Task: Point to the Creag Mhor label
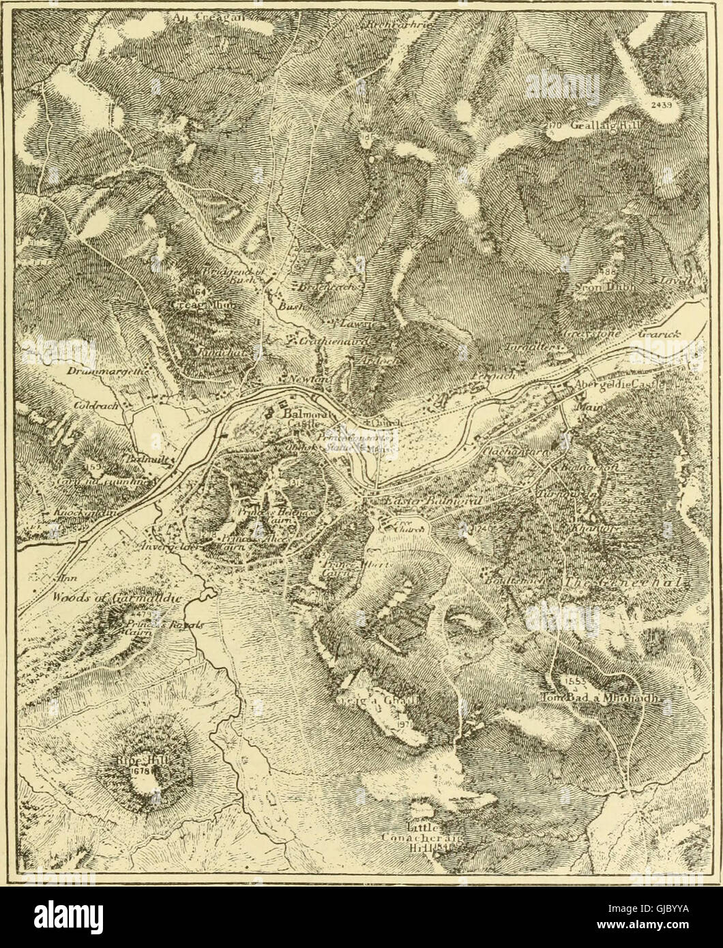pyautogui.click(x=191, y=304)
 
